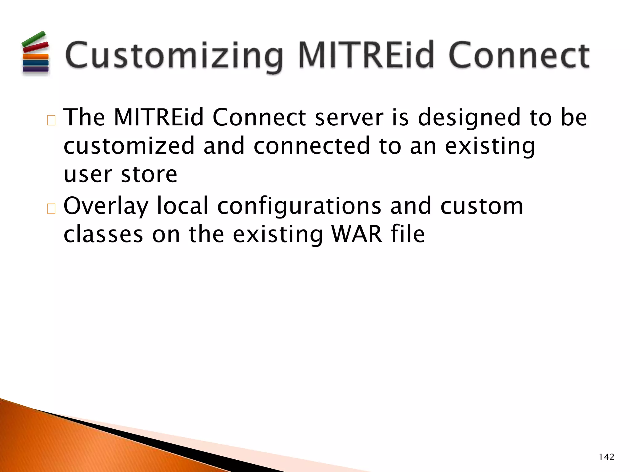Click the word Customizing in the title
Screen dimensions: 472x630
pyautogui.click(x=174, y=55)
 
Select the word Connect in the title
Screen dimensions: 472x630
pyautogui.click(x=519, y=55)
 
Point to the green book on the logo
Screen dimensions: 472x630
pyautogui.click(x=33, y=39)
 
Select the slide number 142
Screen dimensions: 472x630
pyautogui.click(x=606, y=457)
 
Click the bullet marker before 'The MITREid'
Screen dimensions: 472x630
pyautogui.click(x=51, y=120)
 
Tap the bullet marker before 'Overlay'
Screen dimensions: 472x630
pyautogui.click(x=51, y=209)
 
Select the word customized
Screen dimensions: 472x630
pyautogui.click(x=129, y=146)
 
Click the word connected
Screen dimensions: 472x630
pyautogui.click(x=311, y=146)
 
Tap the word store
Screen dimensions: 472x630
pyautogui.click(x=149, y=174)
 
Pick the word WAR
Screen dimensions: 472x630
pyautogui.click(x=357, y=234)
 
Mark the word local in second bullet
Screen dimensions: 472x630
pyautogui.click(x=183, y=206)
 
